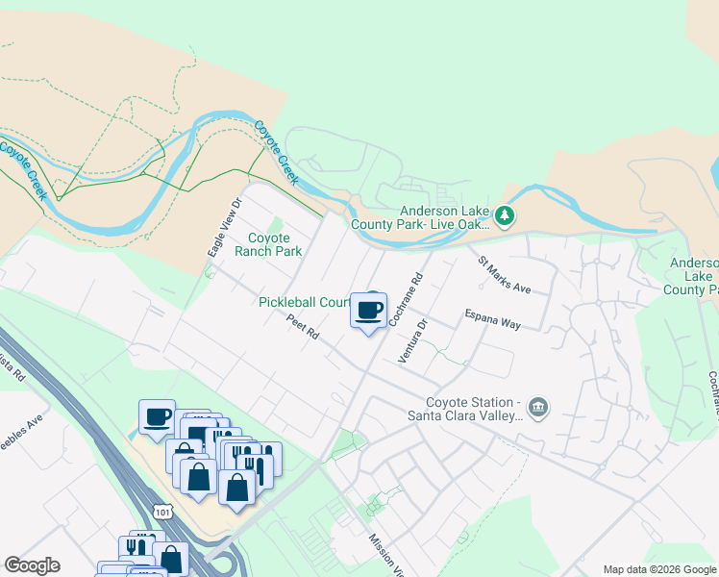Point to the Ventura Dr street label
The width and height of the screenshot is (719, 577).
click(410, 340)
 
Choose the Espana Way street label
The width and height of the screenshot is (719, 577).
click(492, 319)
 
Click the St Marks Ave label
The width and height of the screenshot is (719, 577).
click(505, 274)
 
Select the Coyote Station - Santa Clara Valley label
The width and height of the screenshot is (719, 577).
click(475, 409)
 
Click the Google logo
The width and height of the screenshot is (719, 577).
click(32, 565)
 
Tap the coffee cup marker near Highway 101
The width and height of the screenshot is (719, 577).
click(157, 418)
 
